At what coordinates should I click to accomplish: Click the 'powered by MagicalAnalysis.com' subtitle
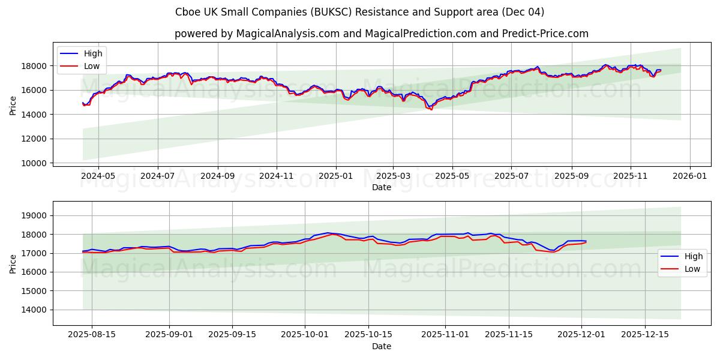pyautogui.click(x=381, y=34)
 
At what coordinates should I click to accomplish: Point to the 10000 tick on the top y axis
pyautogui.click(x=35, y=163)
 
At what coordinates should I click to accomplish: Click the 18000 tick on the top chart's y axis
pyautogui.click(x=35, y=66)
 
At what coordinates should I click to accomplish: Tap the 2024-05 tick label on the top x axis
pyautogui.click(x=98, y=177)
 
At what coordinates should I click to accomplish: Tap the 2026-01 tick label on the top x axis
pyautogui.click(x=689, y=177)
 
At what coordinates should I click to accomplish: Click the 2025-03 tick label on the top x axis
pyautogui.click(x=394, y=177)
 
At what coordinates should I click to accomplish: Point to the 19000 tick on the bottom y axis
pyautogui.click(x=35, y=215)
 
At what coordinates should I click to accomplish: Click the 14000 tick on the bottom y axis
pyautogui.click(x=35, y=310)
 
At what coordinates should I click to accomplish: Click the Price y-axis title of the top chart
pyautogui.click(x=13, y=106)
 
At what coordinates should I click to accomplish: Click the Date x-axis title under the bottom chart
pyautogui.click(x=382, y=346)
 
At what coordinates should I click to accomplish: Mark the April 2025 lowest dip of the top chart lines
pyautogui.click(x=431, y=109)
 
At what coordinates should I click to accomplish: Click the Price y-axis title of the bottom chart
pyautogui.click(x=13, y=263)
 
